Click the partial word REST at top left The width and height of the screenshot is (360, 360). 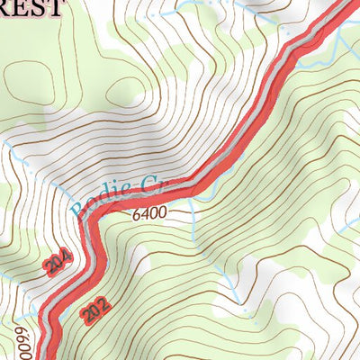pos(31,9)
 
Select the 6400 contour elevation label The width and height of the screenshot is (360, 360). pos(148,216)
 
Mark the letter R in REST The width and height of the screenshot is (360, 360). pos(7,9)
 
